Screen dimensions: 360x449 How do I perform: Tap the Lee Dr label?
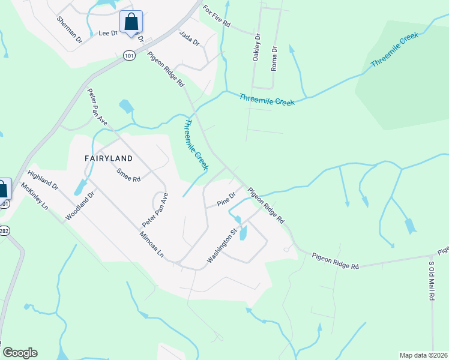point(107,34)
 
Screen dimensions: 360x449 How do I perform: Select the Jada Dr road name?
point(189,37)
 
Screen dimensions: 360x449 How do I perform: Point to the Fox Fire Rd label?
point(216,19)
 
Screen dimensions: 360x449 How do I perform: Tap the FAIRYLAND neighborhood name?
point(108,158)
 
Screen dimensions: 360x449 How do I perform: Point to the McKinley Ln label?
point(34,196)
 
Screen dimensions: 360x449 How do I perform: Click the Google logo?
point(20,353)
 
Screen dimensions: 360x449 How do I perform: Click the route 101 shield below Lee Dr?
point(129,55)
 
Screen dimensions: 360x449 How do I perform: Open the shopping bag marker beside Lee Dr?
point(131,23)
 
